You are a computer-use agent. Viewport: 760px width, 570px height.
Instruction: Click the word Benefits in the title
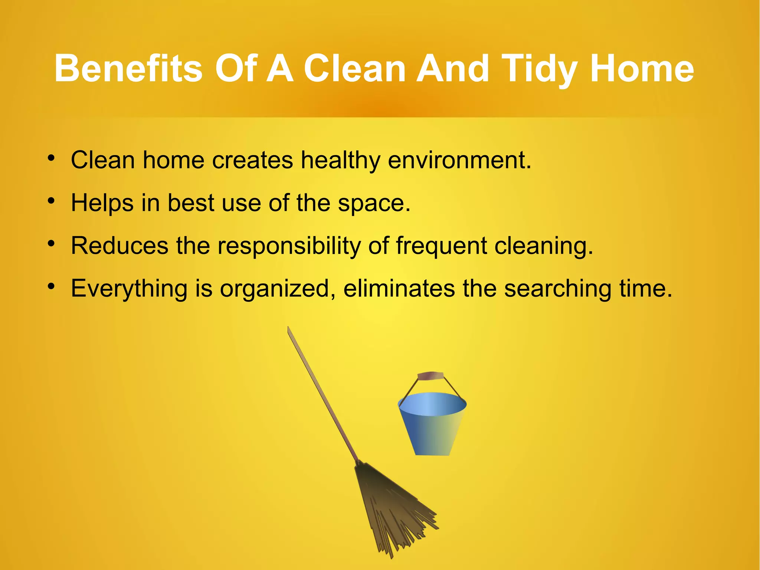pos(128,69)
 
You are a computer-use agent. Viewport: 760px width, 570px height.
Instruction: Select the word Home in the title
pos(642,69)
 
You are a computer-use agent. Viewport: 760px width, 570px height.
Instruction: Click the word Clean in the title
pos(354,69)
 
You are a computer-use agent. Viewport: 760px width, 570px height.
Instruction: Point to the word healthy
pos(340,160)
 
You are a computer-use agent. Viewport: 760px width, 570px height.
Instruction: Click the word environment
pos(459,160)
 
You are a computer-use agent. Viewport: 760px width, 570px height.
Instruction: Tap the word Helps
pos(102,203)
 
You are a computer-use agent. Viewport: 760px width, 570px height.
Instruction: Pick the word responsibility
pos(289,246)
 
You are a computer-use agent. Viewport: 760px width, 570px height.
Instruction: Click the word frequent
pos(441,246)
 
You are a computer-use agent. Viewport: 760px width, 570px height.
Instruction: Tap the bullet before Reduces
pos(51,244)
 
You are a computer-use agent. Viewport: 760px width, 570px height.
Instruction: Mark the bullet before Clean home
pos(51,159)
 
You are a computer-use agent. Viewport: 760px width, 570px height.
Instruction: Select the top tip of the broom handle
pos(288,328)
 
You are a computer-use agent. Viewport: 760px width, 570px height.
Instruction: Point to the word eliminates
pos(399,289)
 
